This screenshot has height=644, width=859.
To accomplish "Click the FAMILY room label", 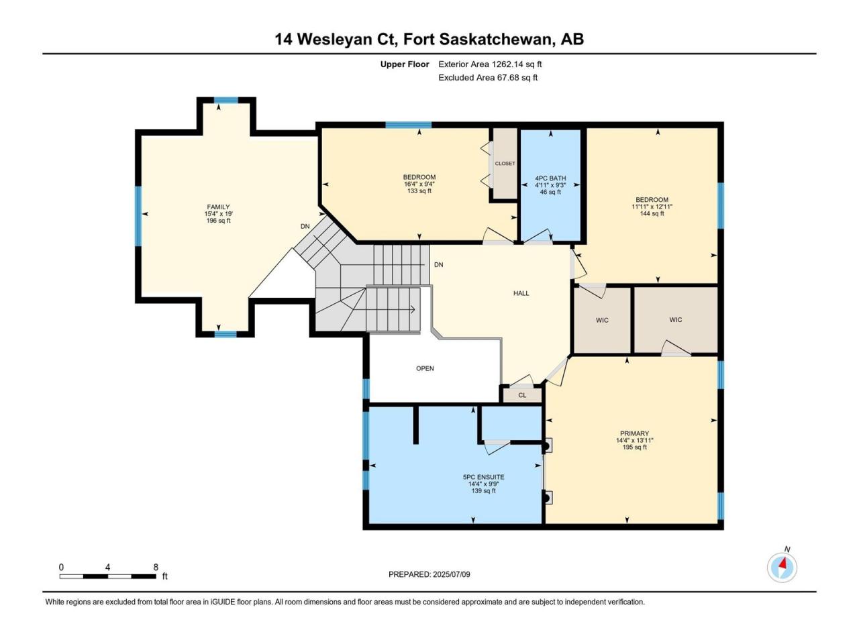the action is (218, 207).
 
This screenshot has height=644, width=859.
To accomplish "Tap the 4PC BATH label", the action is (550, 178).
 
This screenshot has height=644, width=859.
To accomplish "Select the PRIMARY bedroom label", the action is (634, 433).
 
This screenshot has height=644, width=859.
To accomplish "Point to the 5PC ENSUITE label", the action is (483, 477).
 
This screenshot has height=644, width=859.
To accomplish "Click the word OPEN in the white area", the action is (425, 368).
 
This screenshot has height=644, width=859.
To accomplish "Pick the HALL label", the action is (521, 293).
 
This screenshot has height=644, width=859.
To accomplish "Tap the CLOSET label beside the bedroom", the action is (505, 164).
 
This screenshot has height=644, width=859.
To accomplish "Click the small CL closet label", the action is (522, 395).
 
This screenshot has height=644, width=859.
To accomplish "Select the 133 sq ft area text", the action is (419, 191).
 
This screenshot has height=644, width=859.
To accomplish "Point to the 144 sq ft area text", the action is (652, 213).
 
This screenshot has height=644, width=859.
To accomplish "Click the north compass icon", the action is (782, 567).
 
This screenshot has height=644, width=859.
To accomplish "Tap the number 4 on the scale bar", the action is (107, 568).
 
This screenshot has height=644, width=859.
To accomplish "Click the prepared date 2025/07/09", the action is (451, 574).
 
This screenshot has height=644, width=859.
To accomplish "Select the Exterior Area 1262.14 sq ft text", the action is (490, 64).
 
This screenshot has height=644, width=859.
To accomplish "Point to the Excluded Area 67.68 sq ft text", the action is (488, 77).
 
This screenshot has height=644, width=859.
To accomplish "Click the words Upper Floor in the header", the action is (405, 64).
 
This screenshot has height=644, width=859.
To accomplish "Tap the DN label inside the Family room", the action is (305, 226).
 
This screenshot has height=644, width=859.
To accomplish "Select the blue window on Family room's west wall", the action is (138, 216).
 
